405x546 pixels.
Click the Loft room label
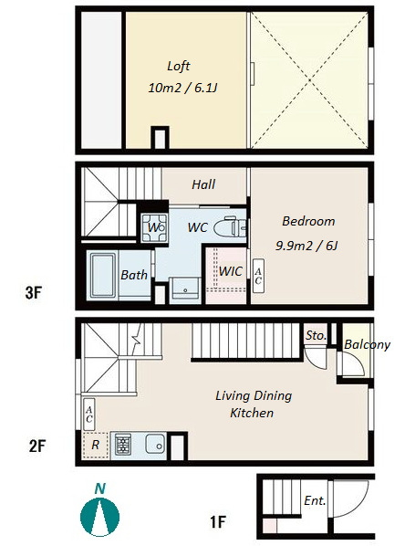pos(178,66)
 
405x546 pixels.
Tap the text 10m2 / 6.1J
pos(182,88)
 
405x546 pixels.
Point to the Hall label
pos(203,184)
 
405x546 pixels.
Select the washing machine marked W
pos(154,227)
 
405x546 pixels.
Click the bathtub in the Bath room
pos(103,276)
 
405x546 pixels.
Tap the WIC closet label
pos(230,271)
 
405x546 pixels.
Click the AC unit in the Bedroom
pos(258,276)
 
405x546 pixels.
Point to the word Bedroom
pos(308,221)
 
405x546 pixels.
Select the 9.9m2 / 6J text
pos(306,246)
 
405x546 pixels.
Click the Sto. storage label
pos(316,335)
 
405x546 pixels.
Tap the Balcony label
pos(367,345)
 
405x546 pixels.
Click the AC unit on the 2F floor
pos(89,415)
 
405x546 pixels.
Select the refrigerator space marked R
pos(96,445)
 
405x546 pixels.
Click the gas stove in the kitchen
pos(123,445)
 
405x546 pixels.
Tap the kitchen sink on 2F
pos(155,444)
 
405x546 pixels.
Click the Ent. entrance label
pos(315,500)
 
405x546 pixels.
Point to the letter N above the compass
pos(99,488)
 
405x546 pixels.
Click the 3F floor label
pos(34,292)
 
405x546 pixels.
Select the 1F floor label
pos(218,521)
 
